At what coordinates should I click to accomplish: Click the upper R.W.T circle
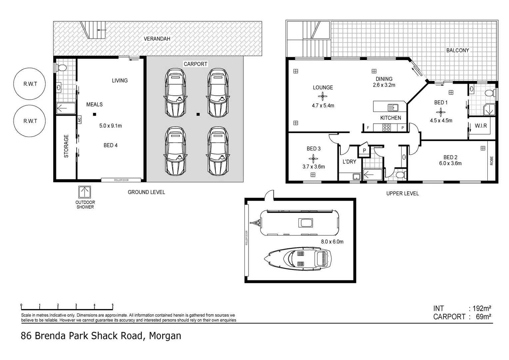click(x=30, y=84)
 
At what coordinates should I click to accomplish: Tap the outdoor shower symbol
click(x=85, y=192)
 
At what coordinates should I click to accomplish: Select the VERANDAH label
click(x=157, y=39)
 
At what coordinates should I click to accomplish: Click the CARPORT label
click(x=196, y=64)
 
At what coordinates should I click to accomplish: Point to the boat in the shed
click(x=298, y=259)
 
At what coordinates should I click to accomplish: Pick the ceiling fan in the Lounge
click(x=322, y=97)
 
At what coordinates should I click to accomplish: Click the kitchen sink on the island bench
click(x=393, y=108)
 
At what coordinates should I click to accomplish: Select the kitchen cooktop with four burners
click(x=386, y=127)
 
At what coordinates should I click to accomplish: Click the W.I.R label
click(x=481, y=126)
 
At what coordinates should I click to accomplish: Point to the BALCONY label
click(x=457, y=50)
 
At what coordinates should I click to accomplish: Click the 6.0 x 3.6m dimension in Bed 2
click(x=450, y=163)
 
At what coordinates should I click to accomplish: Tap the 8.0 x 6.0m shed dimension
click(x=332, y=242)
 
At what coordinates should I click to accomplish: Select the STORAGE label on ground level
click(x=66, y=146)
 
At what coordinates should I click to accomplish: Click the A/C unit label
click(x=79, y=120)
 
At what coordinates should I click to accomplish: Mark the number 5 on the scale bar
click(x=113, y=305)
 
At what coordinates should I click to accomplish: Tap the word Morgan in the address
click(x=165, y=336)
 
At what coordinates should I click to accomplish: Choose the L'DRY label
click(x=349, y=162)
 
